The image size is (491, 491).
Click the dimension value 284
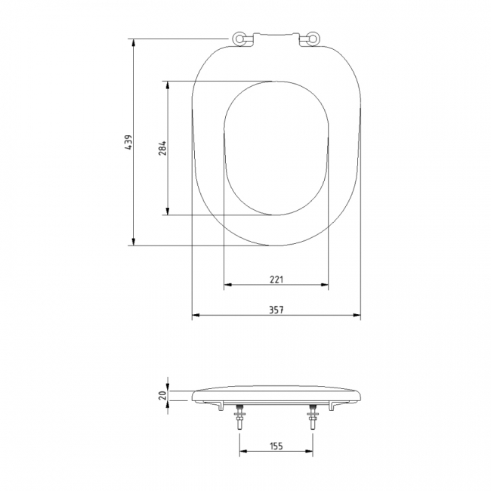(x=162, y=148)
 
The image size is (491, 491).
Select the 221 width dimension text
(x=276, y=279)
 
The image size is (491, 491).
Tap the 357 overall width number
(x=276, y=309)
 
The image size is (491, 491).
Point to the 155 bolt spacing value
(x=276, y=446)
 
